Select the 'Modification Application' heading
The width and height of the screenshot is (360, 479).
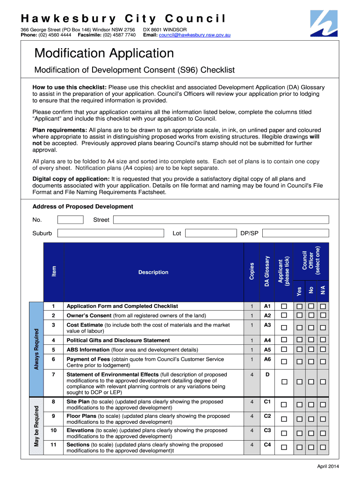tap(104, 53)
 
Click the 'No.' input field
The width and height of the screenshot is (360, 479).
tap(70, 220)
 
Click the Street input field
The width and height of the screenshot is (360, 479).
tap(221, 220)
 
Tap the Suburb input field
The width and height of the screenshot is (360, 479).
tap(110, 233)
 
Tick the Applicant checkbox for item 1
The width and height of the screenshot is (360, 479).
tap(284, 306)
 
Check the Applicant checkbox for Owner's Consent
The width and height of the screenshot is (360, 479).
tap(284, 316)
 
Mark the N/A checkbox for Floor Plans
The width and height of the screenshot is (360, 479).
tap(323, 419)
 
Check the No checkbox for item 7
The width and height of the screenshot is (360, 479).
tap(311, 382)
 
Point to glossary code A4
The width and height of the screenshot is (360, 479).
tap(267, 340)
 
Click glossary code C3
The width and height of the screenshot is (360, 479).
tap(267, 430)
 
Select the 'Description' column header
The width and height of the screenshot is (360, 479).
tap(153, 272)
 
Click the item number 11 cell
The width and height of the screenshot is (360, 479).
tap(53, 445)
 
